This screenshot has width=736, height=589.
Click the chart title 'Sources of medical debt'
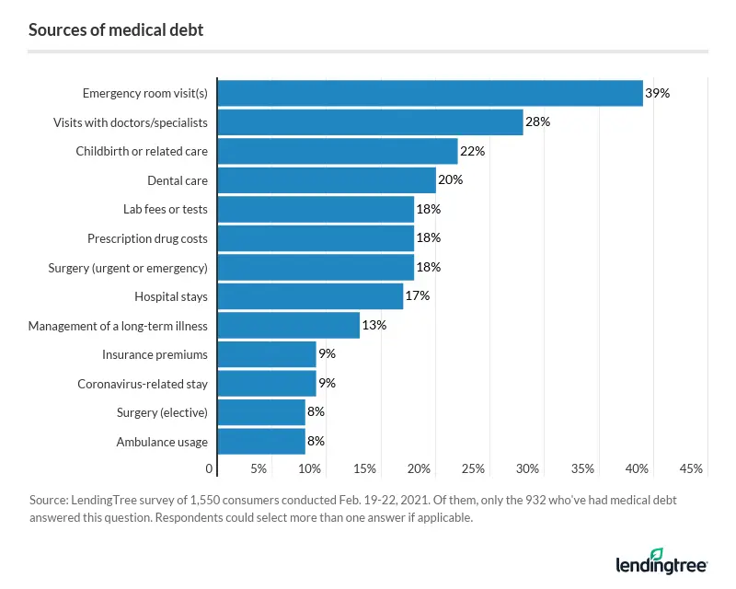[x=116, y=30]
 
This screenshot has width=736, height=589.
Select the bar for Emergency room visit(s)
[x=430, y=93]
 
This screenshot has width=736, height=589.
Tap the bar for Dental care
[x=327, y=180]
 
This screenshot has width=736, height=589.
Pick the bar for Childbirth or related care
[x=338, y=151]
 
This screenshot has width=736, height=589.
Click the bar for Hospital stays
[x=310, y=296]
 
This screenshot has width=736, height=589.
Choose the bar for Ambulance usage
[x=261, y=442]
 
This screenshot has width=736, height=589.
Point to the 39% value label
[x=657, y=93]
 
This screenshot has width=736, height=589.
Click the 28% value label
[x=537, y=122]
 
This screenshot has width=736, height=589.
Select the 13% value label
[x=374, y=326]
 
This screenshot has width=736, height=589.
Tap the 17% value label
[x=418, y=296]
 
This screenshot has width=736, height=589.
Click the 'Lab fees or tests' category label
[x=166, y=209]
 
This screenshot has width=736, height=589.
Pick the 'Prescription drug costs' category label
[x=147, y=238]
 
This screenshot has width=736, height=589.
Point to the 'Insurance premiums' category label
[x=155, y=354]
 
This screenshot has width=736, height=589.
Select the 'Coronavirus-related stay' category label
[x=143, y=384]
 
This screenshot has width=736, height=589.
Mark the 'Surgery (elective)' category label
[x=162, y=412]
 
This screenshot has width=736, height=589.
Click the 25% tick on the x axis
[x=473, y=469]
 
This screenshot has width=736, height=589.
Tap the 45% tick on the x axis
[x=691, y=469]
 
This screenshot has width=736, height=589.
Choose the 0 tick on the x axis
[x=210, y=469]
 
